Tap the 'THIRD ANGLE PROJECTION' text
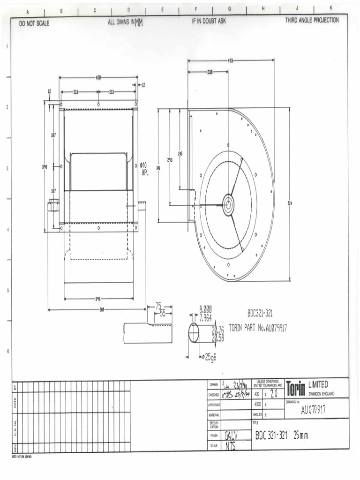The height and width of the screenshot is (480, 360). (312, 21)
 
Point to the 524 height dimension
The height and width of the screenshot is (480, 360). (289, 203)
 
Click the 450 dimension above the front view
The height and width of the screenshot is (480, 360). (99, 77)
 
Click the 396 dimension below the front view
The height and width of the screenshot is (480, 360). (98, 298)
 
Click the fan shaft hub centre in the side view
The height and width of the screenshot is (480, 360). (228, 204)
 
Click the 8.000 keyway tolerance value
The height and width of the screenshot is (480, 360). (206, 309)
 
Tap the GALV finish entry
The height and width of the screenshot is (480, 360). (233, 435)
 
